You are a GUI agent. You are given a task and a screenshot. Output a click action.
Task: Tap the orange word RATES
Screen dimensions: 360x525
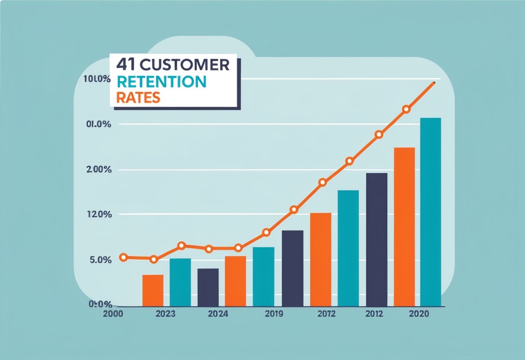point(138,97)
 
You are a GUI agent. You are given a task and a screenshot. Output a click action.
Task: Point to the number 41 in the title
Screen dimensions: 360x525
point(126,64)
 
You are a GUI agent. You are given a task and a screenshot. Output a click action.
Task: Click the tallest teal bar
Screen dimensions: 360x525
point(430,212)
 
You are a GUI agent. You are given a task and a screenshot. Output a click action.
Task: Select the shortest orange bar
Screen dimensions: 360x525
point(153,290)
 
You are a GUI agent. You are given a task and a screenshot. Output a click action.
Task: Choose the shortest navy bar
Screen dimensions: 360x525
point(208,287)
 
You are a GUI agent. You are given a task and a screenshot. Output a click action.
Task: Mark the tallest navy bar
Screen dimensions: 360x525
point(377,239)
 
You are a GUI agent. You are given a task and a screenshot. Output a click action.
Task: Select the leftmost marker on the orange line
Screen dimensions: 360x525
point(124,257)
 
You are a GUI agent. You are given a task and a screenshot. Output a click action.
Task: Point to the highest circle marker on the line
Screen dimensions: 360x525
point(406,109)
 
